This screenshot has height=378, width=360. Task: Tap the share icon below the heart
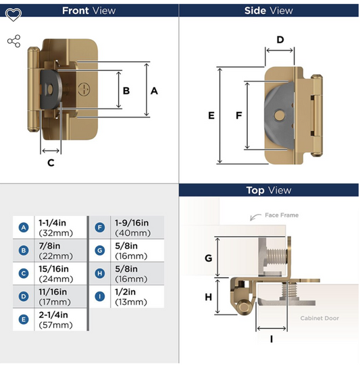tap(14, 42)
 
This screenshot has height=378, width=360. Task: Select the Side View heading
tap(269, 10)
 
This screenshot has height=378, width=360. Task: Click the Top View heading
tap(269, 191)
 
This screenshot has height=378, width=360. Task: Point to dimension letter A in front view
tap(154, 90)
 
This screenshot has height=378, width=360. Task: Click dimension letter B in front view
tap(126, 90)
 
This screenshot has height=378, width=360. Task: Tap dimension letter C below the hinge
tap(51, 162)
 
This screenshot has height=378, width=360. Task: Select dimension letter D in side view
tap(280, 39)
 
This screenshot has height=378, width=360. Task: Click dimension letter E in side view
tap(211, 116)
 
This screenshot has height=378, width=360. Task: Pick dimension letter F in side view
tap(238, 116)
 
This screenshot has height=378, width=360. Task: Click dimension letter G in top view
tap(208, 258)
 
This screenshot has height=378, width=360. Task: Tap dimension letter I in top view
tap(272, 340)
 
